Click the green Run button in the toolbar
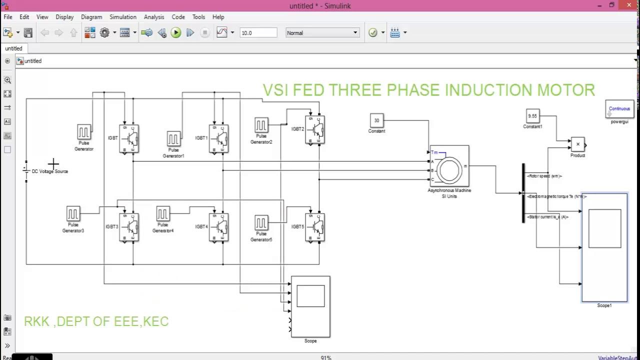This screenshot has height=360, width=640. pos(176,33)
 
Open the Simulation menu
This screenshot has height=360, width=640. pos(123,17)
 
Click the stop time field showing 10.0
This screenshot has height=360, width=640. pos(258,33)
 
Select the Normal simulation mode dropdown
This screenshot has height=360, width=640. pos(322,33)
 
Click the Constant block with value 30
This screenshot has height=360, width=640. pos(376,120)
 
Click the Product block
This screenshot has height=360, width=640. pos(577,144)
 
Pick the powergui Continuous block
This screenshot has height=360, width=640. pos(619,109)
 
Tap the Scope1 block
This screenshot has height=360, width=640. pos(604,247)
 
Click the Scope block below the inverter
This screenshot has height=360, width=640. pos(310,306)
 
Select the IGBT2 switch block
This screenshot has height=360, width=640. pos(314,129)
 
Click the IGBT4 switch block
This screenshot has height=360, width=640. pos(218,227)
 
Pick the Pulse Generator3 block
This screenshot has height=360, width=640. pos(73,214)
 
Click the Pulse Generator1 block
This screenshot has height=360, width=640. pos(173,138)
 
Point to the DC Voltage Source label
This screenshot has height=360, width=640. pos(50,171)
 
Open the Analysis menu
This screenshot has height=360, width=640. pos(154,17)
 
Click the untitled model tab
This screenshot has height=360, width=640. pos(14,48)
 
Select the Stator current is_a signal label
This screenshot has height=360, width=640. pos(548,217)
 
